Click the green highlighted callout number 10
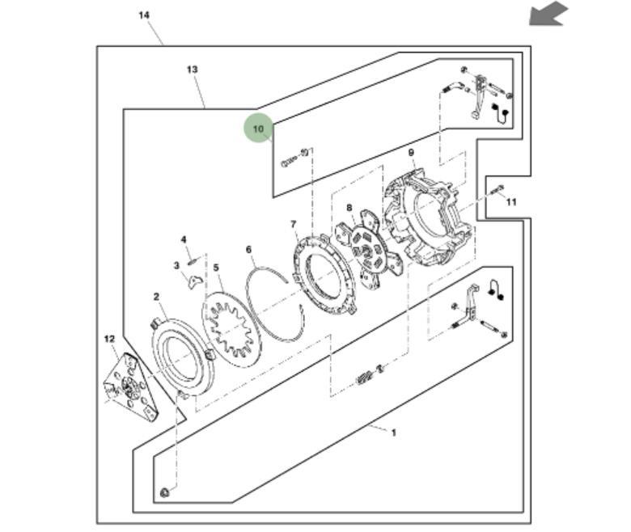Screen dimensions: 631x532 point(258,129)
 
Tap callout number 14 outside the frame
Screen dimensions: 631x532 point(144,15)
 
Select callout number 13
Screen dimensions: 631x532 point(193,70)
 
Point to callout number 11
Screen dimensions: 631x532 point(511,202)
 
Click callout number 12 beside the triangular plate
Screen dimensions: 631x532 point(109,339)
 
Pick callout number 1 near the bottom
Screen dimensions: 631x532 point(394,433)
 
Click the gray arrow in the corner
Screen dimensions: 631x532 point(548,14)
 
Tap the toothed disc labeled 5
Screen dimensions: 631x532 point(231,329)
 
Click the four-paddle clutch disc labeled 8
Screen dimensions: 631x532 point(369,249)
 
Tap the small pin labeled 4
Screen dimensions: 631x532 point(193,262)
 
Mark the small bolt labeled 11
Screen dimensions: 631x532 point(498,190)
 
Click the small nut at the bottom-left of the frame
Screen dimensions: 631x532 point(164,492)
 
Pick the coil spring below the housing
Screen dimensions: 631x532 point(363,378)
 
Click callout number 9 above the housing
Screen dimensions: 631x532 point(411,153)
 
